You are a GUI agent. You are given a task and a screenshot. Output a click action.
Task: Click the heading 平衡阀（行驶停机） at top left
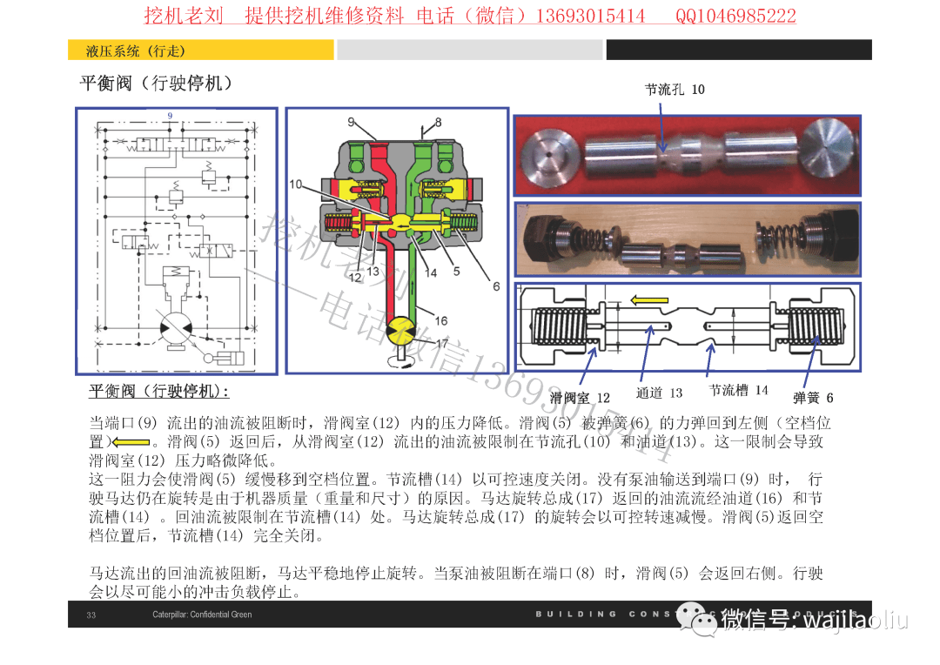pyautogui.click(x=156, y=84)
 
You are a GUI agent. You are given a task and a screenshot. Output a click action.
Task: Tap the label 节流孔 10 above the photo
pyautogui.click(x=675, y=90)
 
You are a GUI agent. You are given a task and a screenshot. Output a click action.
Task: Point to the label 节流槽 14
pyautogui.click(x=738, y=391)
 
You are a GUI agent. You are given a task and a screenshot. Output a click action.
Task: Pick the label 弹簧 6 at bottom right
pyautogui.click(x=813, y=398)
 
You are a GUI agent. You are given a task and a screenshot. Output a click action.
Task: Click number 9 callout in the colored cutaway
pyautogui.click(x=351, y=122)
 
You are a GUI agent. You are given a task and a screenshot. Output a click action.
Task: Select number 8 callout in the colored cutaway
pyautogui.click(x=438, y=123)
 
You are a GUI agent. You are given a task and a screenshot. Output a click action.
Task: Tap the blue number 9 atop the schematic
pyautogui.click(x=171, y=116)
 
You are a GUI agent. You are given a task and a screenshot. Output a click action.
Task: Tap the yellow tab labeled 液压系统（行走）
pyautogui.click(x=200, y=51)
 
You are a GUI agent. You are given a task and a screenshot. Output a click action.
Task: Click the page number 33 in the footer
pyautogui.click(x=91, y=615)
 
